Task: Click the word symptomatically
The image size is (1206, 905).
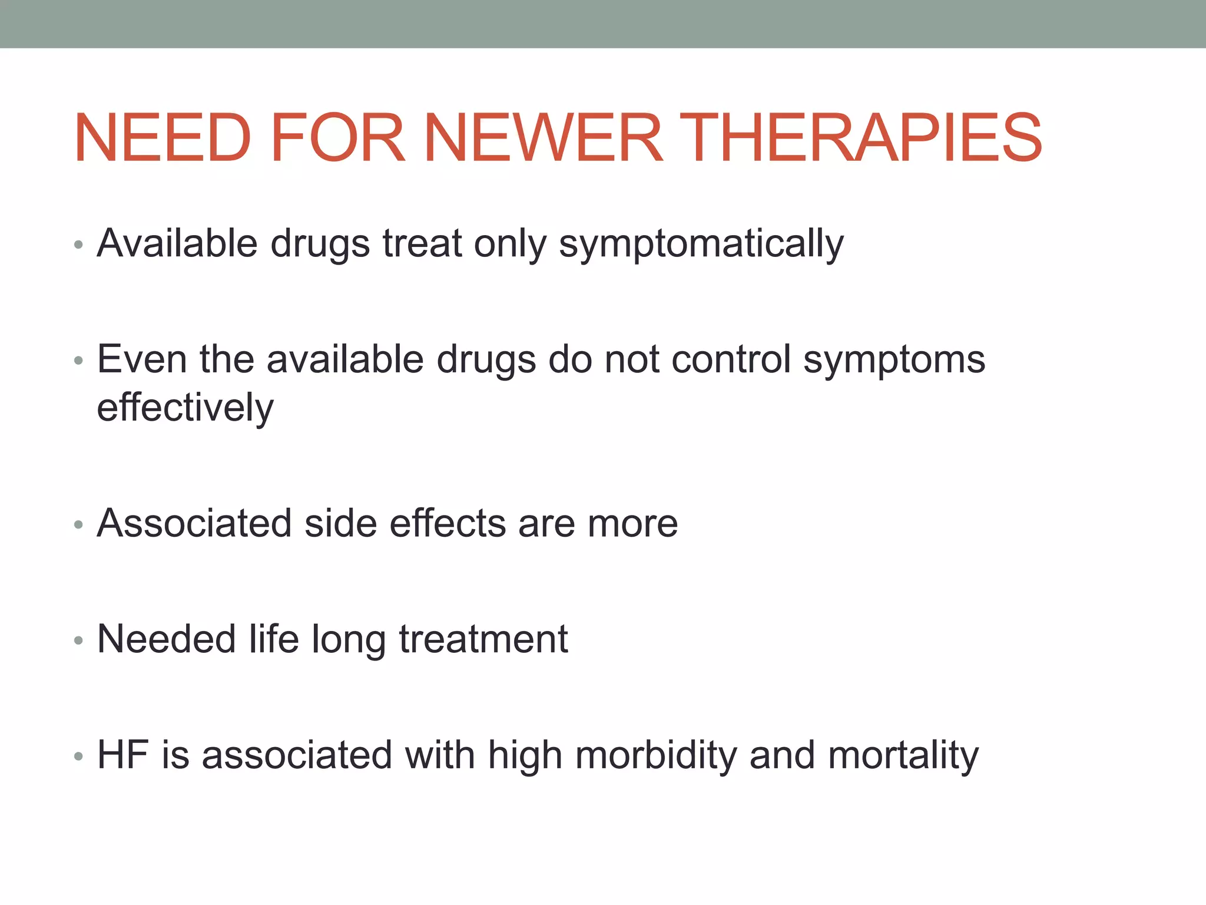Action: [x=701, y=244]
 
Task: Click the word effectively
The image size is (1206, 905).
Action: [x=185, y=408]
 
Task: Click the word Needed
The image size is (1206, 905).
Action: [x=166, y=639]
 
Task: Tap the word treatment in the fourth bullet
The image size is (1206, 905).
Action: [x=483, y=639]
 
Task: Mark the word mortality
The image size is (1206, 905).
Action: [x=903, y=756]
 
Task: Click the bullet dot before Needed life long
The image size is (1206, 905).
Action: [x=78, y=640]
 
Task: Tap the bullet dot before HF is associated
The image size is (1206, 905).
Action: [x=78, y=757]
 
